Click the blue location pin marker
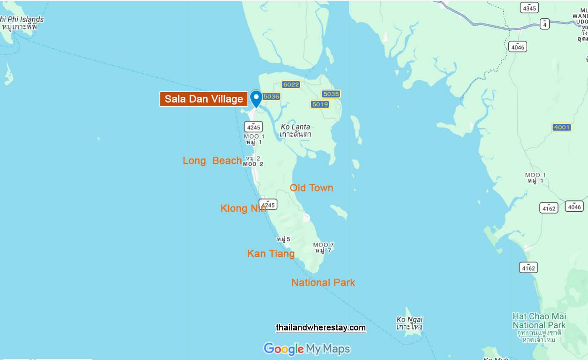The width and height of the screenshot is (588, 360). click(x=256, y=98)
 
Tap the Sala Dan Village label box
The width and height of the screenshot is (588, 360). click(x=203, y=99)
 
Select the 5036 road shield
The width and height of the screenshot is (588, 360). click(x=271, y=96)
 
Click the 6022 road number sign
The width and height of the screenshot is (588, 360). click(x=291, y=84)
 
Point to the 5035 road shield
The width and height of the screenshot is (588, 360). click(x=330, y=94)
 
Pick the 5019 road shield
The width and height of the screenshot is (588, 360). click(x=320, y=104)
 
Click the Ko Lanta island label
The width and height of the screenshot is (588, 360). click(x=295, y=130)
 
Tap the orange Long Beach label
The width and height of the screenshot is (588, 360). click(x=212, y=161)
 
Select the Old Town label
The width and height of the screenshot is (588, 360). click(x=311, y=188)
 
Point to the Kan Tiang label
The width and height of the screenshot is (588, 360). click(x=271, y=254)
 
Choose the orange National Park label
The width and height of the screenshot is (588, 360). click(x=323, y=282)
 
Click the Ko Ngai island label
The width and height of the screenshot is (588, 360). click(x=410, y=323)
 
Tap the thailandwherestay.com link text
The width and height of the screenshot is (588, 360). click(x=320, y=328)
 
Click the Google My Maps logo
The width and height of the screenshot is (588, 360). click(x=307, y=349)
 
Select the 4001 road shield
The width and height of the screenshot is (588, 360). click(x=562, y=127)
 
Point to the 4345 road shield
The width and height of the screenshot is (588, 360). click(x=529, y=8)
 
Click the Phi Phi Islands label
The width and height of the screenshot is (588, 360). click(x=21, y=23)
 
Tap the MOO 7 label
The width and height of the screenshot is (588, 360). click(x=323, y=248)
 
